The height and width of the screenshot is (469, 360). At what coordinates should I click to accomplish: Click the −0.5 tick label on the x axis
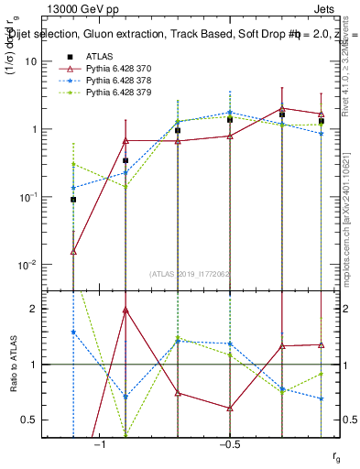point(228,444)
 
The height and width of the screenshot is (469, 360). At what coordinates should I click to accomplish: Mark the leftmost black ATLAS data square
point(73,199)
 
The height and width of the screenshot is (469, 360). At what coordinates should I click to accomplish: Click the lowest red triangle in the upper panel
point(73,251)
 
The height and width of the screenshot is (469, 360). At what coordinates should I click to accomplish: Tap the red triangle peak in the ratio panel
point(125,310)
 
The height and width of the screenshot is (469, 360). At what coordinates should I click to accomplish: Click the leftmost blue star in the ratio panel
point(73,332)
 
